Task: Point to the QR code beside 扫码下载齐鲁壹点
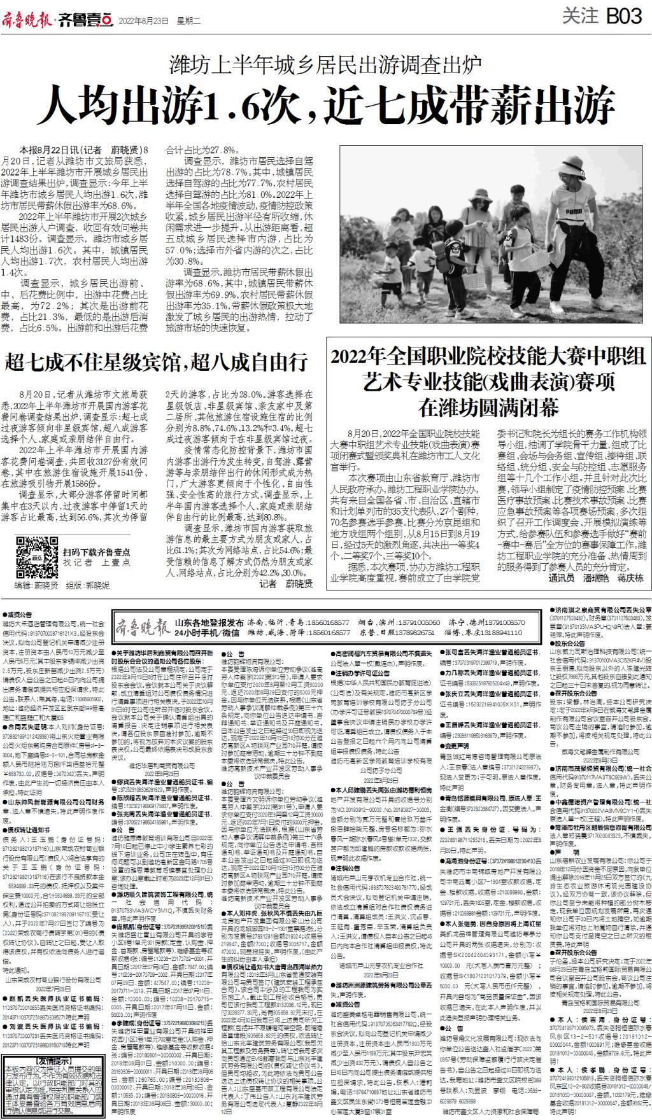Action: pos(32,553)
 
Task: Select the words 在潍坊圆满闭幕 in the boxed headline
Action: pos(488,405)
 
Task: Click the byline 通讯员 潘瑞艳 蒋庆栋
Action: pos(596,578)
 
